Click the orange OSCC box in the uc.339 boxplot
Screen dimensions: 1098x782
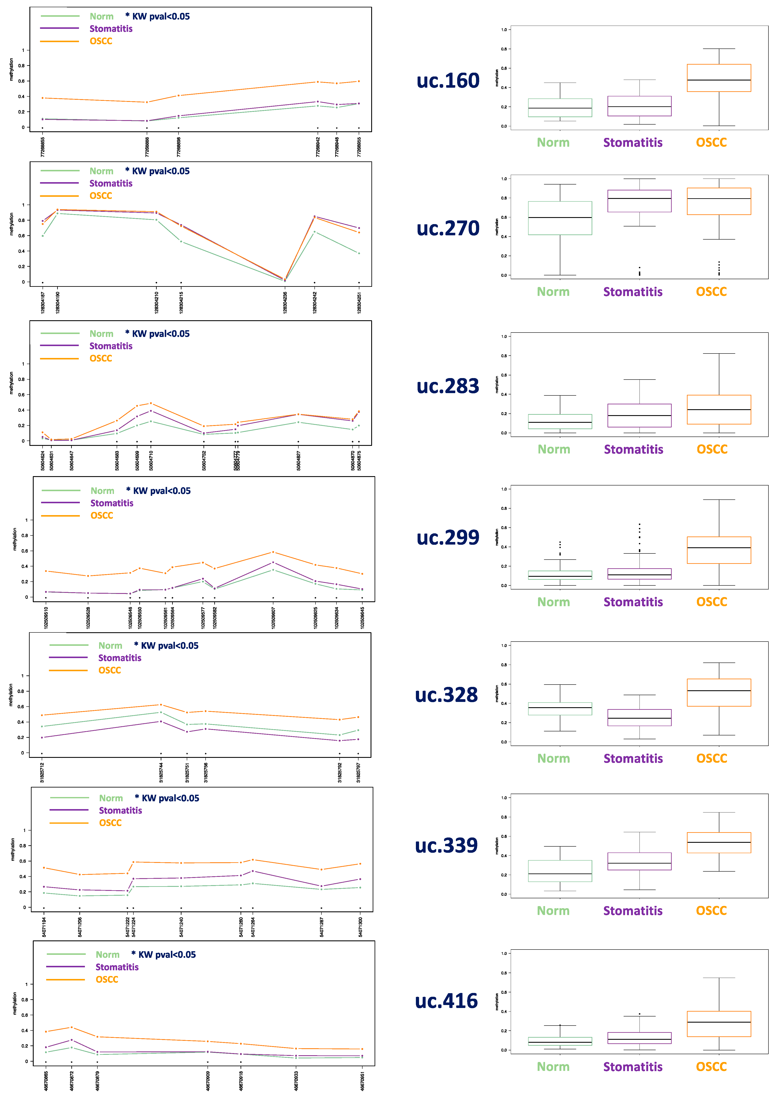(718, 843)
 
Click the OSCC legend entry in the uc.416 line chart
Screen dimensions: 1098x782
(107, 980)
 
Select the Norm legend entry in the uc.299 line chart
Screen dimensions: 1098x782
(102, 491)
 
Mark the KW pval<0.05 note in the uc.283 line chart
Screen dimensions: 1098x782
(158, 334)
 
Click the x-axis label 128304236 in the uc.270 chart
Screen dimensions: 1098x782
(285, 302)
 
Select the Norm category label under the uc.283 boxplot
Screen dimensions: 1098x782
(554, 449)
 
